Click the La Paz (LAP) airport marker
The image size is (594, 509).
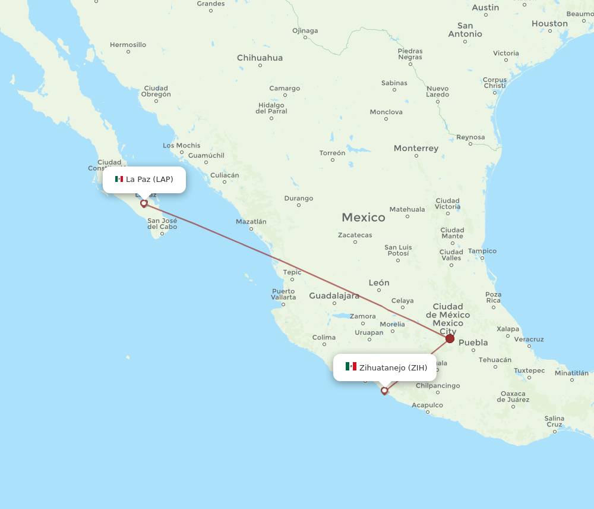(144, 203)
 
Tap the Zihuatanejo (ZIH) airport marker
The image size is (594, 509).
(385, 391)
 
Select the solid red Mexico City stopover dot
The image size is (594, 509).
(450, 338)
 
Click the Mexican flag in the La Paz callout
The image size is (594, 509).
(119, 179)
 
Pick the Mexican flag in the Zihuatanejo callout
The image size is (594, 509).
(351, 367)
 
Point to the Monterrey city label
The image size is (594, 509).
(416, 148)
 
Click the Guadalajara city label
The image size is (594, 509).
(334, 296)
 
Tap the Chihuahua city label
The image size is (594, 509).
(260, 58)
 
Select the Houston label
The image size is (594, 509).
(549, 24)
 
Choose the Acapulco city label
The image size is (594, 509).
(427, 405)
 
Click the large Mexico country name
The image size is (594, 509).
(363, 218)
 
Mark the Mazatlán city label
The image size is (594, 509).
(251, 221)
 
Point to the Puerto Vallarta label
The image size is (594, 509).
(283, 294)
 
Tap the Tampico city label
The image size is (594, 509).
(482, 251)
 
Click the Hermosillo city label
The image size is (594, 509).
(128, 45)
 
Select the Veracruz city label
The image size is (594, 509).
(529, 339)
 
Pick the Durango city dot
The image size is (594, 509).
(298, 205)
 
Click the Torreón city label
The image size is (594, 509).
(332, 153)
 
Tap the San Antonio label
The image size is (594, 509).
(465, 30)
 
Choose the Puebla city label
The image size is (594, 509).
(473, 343)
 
